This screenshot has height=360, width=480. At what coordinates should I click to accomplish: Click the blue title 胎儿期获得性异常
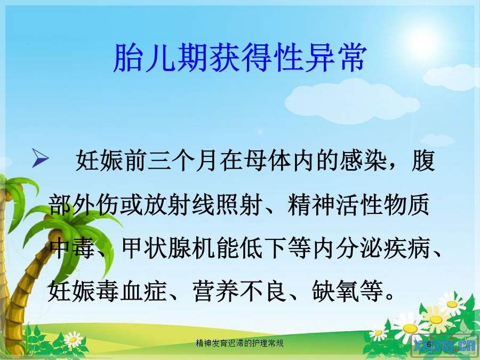240,57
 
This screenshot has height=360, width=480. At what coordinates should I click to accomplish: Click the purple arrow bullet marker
40,158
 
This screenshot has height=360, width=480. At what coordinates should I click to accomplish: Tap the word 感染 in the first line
363,161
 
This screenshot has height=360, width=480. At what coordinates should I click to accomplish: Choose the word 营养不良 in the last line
239,290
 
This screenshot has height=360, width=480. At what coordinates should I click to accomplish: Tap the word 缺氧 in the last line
335,290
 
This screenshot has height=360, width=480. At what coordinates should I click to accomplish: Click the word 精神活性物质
358,204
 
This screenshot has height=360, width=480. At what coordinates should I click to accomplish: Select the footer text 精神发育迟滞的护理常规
239,343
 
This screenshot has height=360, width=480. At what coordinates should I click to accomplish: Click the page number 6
429,345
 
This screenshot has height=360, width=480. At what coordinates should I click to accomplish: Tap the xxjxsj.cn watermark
445,346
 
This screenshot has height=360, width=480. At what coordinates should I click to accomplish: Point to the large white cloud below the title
352,101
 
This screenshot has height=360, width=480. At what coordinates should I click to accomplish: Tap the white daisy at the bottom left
73,340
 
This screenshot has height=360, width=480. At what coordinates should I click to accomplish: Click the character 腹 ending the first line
423,161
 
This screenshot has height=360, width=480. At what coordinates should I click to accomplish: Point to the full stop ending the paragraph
390,296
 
